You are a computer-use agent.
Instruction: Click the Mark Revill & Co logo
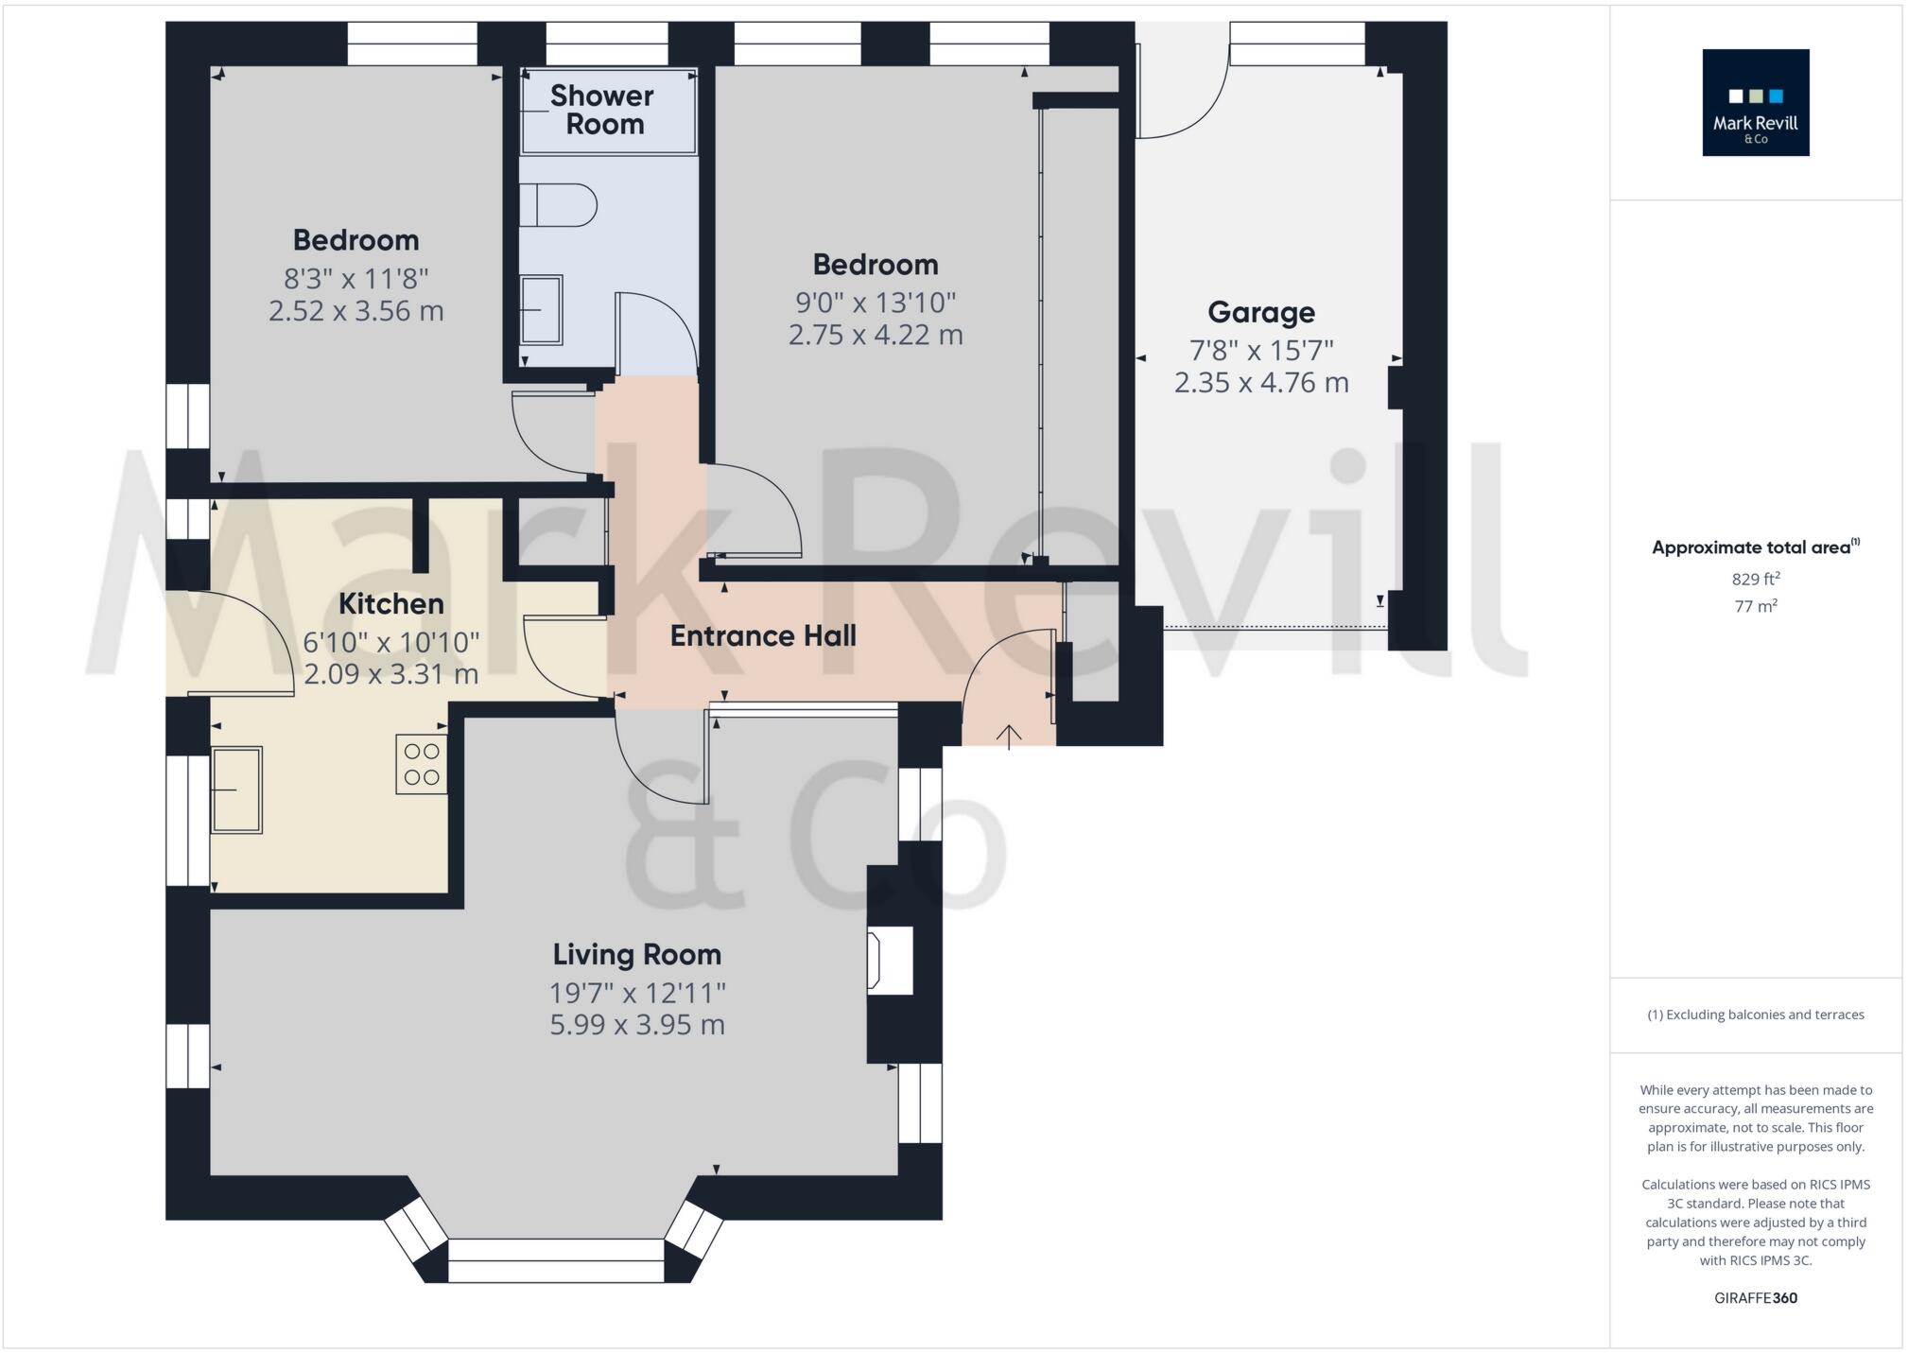click(x=1755, y=102)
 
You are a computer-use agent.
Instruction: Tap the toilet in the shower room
click(x=559, y=205)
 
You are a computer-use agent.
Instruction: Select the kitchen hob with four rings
click(x=421, y=764)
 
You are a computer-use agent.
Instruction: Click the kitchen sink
click(x=236, y=789)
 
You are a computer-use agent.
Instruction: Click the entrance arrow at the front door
click(x=1008, y=737)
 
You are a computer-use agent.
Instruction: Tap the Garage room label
click(x=1260, y=312)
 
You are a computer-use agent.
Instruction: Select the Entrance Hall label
click(x=763, y=636)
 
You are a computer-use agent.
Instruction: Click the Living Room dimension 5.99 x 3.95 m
click(x=637, y=1025)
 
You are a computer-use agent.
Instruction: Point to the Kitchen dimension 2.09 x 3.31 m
click(x=390, y=674)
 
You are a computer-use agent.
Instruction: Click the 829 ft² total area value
click(x=1755, y=579)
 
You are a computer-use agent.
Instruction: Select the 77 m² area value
click(x=1755, y=606)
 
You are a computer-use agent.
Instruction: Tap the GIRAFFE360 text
click(x=1755, y=1298)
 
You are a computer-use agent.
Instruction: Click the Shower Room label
click(x=603, y=110)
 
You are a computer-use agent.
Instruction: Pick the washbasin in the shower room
click(x=542, y=309)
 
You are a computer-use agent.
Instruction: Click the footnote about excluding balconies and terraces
click(x=1755, y=1015)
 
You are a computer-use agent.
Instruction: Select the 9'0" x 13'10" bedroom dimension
click(x=876, y=303)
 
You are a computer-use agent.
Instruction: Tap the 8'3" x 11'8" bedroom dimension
click(x=356, y=279)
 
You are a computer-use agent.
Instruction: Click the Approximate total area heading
click(x=1755, y=547)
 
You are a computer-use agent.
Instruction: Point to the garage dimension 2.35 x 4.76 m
click(x=1260, y=383)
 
